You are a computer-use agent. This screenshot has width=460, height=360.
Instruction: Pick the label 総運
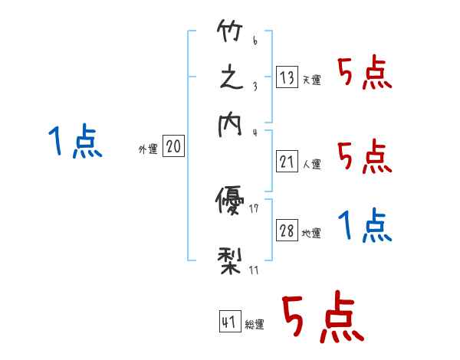(254, 325)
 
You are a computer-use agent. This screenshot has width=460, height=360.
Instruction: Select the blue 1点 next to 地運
(365, 226)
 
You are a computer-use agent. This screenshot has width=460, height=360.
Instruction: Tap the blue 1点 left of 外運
(74, 142)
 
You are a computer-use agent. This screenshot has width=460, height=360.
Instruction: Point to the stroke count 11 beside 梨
(254, 269)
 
